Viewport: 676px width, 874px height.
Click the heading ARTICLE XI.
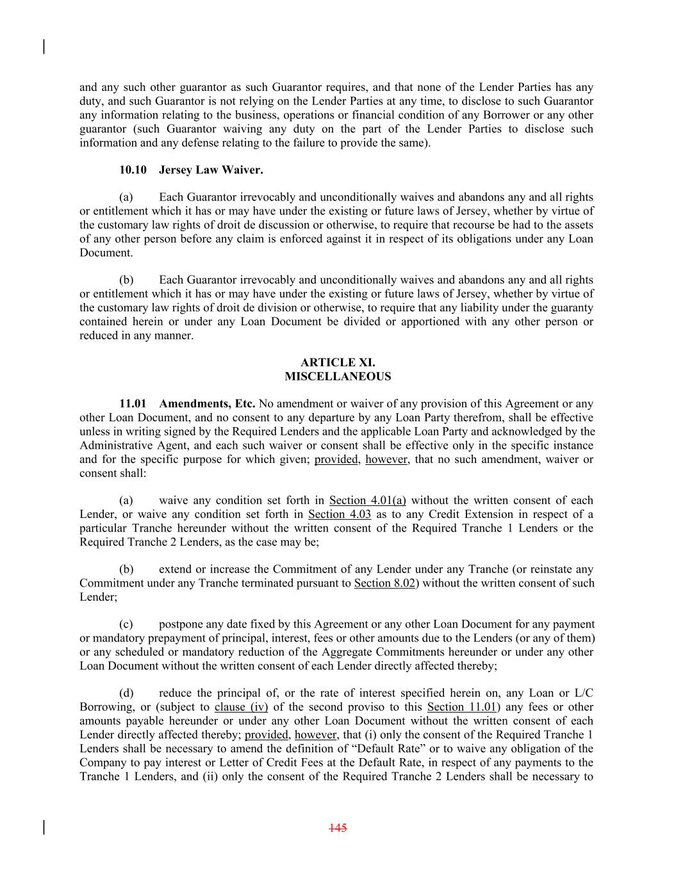[x=338, y=362]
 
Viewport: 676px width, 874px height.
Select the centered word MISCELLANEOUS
[x=338, y=376]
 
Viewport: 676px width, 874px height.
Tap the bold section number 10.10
[x=133, y=170]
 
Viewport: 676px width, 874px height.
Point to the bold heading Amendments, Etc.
[x=207, y=403]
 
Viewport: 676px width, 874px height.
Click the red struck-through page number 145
[x=338, y=828]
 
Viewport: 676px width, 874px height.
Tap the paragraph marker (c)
[x=126, y=624]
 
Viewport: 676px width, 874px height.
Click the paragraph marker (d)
[x=126, y=693]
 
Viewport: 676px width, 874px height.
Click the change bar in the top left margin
[x=44, y=47]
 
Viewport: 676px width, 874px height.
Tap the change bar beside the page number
[x=44, y=827]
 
